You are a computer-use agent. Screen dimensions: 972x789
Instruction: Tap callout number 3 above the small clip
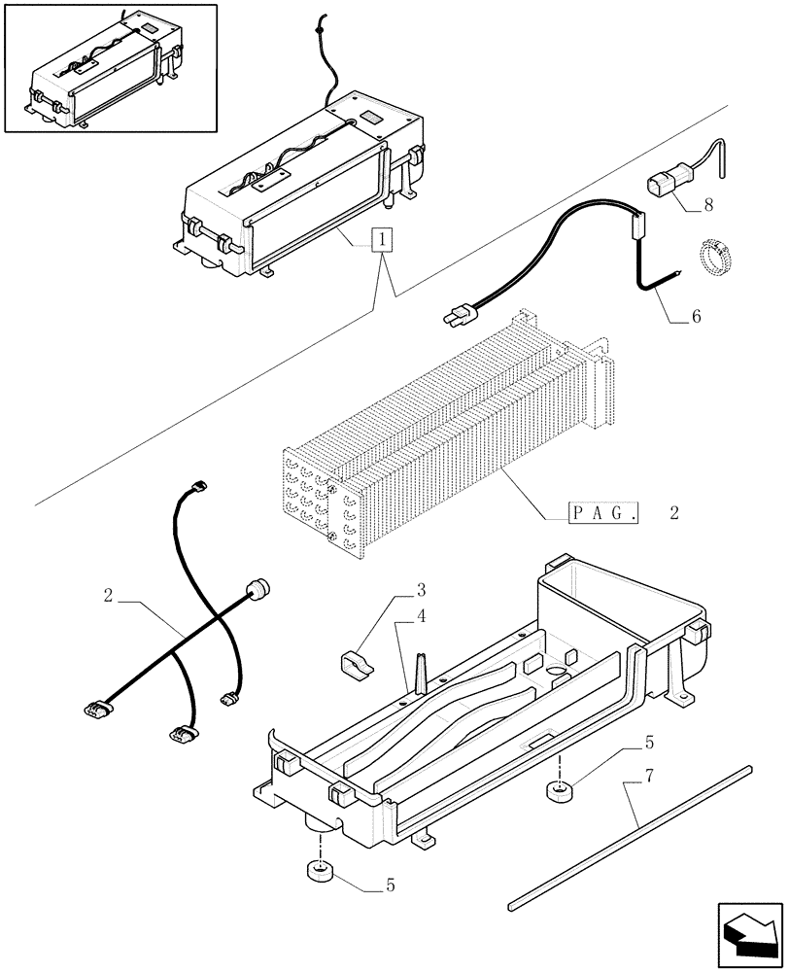422,591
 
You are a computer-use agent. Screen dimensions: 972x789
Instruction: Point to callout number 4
422,616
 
